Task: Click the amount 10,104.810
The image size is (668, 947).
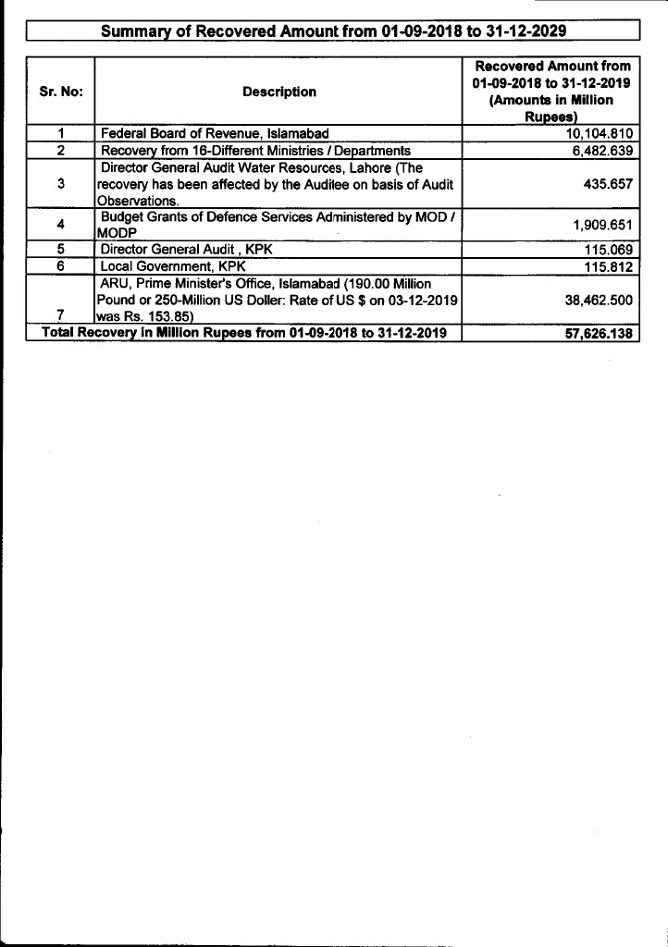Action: tap(602, 134)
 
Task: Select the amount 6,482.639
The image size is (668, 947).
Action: tap(602, 150)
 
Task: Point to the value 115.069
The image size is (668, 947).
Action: tap(609, 249)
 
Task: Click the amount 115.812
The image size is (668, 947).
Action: tap(609, 265)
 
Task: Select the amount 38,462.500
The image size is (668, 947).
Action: tap(599, 300)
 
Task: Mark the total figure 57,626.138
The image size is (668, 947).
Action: tap(599, 333)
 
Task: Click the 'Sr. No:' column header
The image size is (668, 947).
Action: tap(61, 92)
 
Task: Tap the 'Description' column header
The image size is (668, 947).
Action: tap(278, 92)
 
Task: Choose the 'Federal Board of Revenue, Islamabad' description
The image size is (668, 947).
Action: tap(215, 134)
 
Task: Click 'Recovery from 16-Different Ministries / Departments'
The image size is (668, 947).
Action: tap(254, 150)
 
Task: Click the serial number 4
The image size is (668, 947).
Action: tap(60, 224)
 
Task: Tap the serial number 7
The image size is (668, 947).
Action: tap(60, 315)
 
